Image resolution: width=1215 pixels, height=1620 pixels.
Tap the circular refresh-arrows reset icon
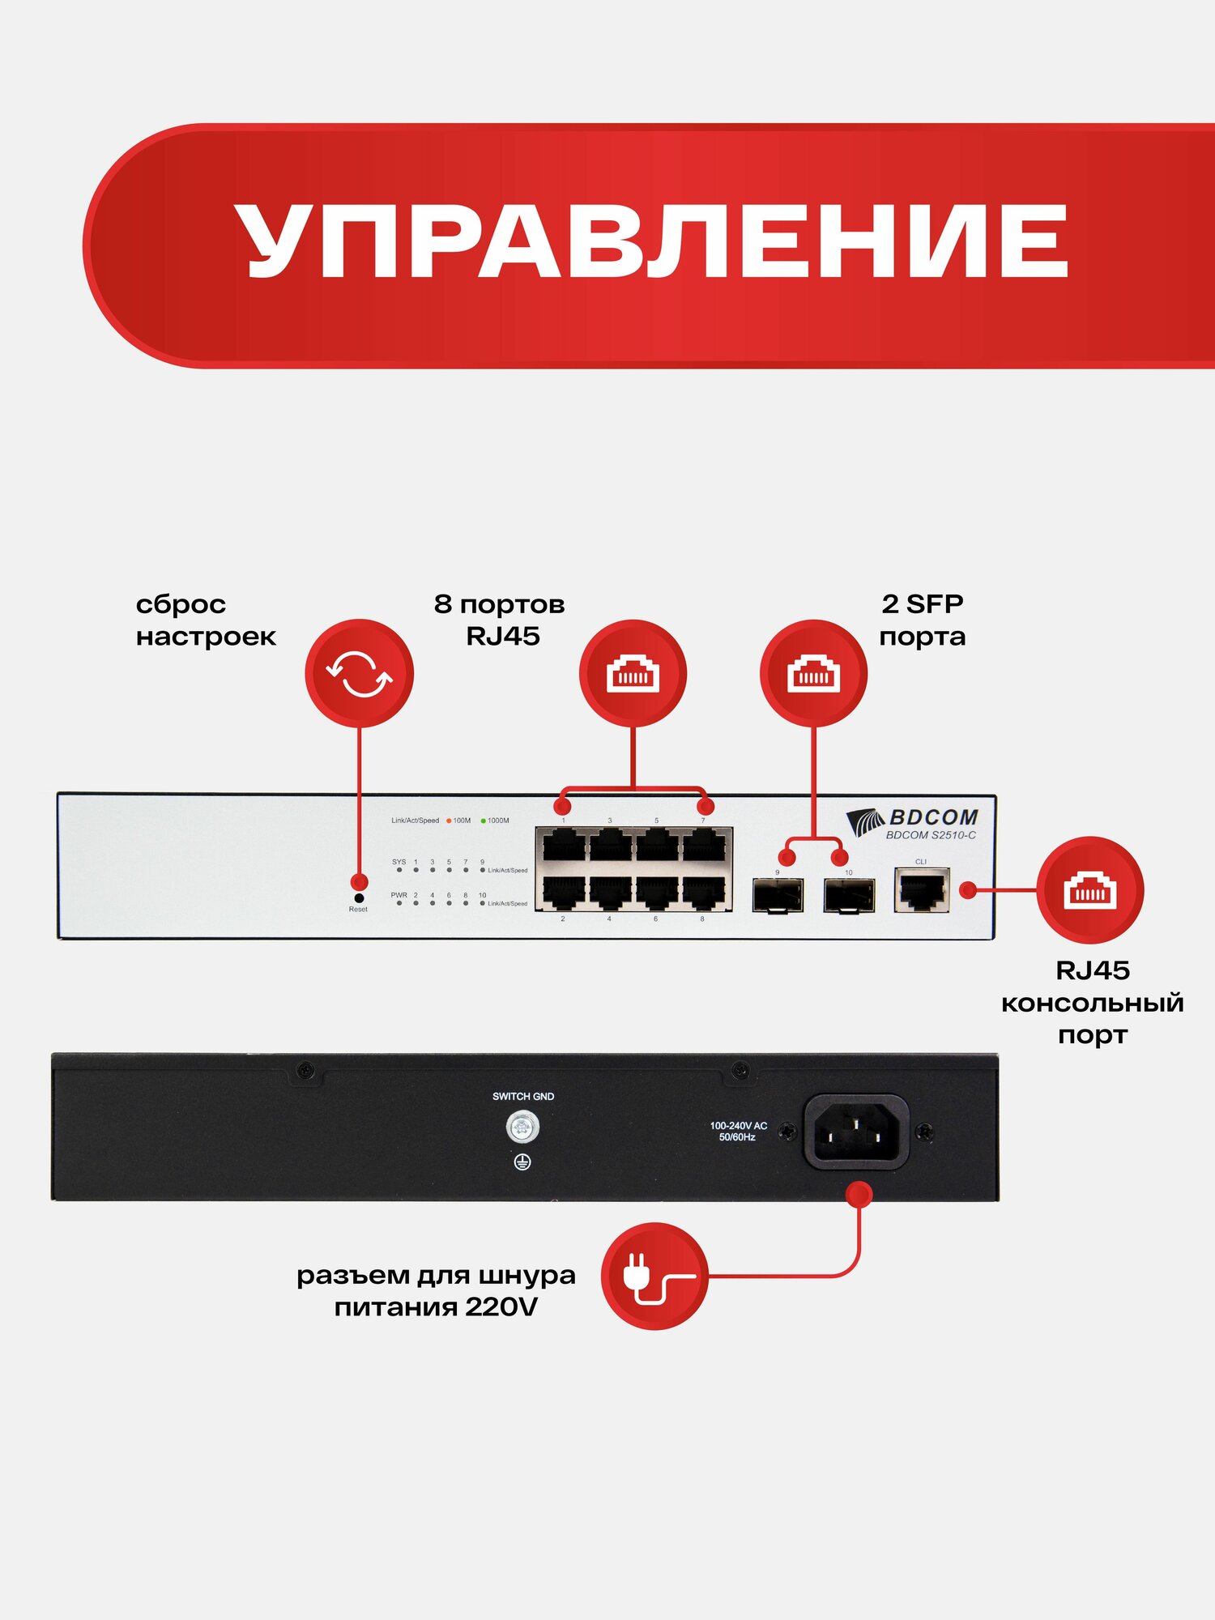click(x=359, y=673)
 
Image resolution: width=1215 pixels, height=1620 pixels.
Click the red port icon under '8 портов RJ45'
click(x=633, y=673)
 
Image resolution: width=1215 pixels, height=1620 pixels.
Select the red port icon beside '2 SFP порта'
click(x=813, y=673)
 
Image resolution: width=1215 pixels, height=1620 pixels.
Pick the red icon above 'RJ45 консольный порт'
click(x=1089, y=890)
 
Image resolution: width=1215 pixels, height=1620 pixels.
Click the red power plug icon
click(x=654, y=1276)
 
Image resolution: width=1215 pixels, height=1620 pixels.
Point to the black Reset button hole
click(x=359, y=898)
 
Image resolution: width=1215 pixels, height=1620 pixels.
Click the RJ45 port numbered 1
click(x=564, y=846)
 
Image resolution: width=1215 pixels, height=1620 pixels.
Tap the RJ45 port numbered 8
click(x=703, y=893)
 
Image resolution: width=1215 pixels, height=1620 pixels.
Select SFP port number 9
click(x=778, y=895)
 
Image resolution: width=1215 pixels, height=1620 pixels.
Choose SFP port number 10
click(x=849, y=895)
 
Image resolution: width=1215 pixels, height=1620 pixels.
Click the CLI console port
click(x=922, y=890)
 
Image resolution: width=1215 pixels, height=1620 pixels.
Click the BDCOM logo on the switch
click(x=913, y=818)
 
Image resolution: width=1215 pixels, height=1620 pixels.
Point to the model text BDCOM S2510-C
click(x=931, y=835)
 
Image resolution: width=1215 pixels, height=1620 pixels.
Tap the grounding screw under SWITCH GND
click(x=522, y=1127)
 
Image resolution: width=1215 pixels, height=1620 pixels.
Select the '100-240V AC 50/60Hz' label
click(x=738, y=1132)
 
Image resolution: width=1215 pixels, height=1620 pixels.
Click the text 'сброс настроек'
click(x=206, y=620)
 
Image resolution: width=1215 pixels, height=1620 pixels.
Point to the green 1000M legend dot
click(x=484, y=821)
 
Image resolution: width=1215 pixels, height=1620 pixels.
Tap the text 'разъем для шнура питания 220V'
click(x=436, y=1290)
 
